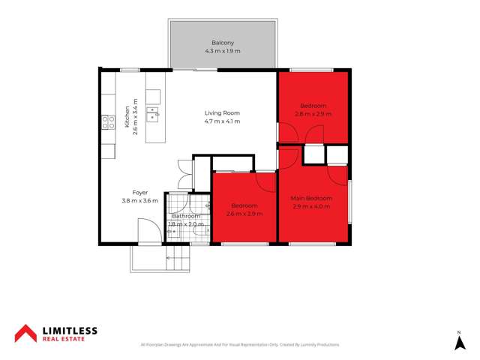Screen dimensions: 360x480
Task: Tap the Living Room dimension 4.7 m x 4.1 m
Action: coord(223,121)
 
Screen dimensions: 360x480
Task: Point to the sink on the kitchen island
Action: coord(153,114)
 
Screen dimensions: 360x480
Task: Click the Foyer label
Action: coord(140,193)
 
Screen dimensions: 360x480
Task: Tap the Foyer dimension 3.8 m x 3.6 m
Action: coord(140,201)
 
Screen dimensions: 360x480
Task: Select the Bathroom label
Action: coord(186,216)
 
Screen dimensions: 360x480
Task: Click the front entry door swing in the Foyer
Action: coord(148,231)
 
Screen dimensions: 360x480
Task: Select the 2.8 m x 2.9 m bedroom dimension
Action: coord(315,114)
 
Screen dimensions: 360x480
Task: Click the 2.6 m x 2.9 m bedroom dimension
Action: coord(244,214)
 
